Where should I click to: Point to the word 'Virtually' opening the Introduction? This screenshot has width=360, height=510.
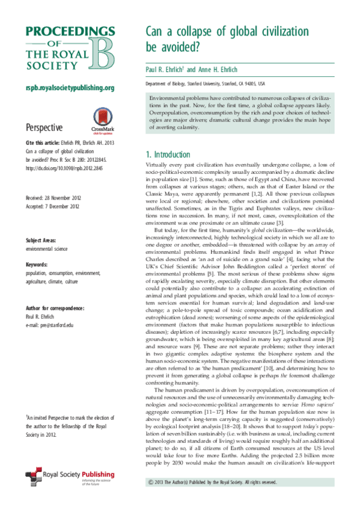pos(159,165)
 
